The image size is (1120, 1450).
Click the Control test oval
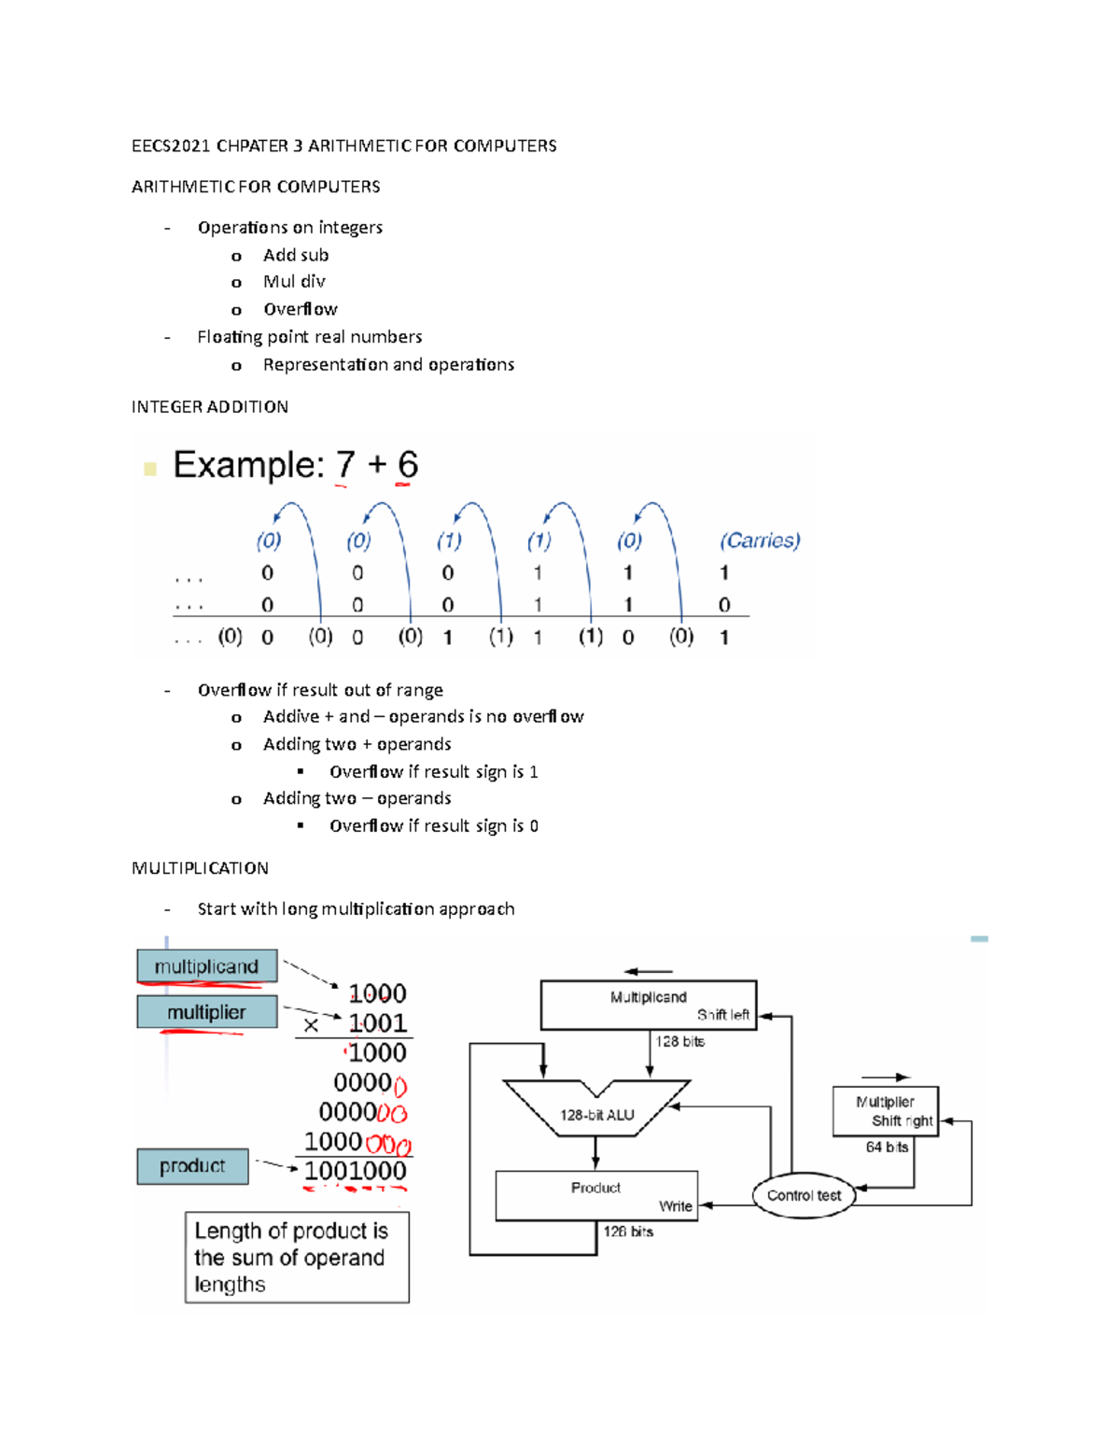pos(804,1195)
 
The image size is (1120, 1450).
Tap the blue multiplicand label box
pos(206,966)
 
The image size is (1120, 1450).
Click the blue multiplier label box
pos(206,1012)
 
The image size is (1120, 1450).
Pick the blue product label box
pos(192,1166)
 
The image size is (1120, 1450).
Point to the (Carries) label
pos(760,541)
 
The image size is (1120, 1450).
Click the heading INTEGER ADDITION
pos(210,407)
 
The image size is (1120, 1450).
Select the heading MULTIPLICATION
pos(200,868)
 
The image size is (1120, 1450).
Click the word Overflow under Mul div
pos(300,309)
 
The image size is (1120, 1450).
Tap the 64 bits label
pos(887,1147)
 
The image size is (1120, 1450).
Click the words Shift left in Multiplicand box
pos(723,1015)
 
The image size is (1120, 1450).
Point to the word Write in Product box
pos(676,1206)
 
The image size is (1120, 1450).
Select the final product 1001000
pos(356,1171)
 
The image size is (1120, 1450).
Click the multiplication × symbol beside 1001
pos(312,1025)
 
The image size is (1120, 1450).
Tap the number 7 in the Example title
pos(345,465)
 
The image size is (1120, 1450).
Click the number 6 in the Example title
pos(407,465)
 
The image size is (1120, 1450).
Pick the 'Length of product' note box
pos(297,1257)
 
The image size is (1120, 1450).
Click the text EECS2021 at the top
pos(171,146)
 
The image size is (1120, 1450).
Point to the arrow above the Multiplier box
pos(885,1077)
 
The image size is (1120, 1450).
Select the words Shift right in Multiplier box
pos(902,1120)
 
